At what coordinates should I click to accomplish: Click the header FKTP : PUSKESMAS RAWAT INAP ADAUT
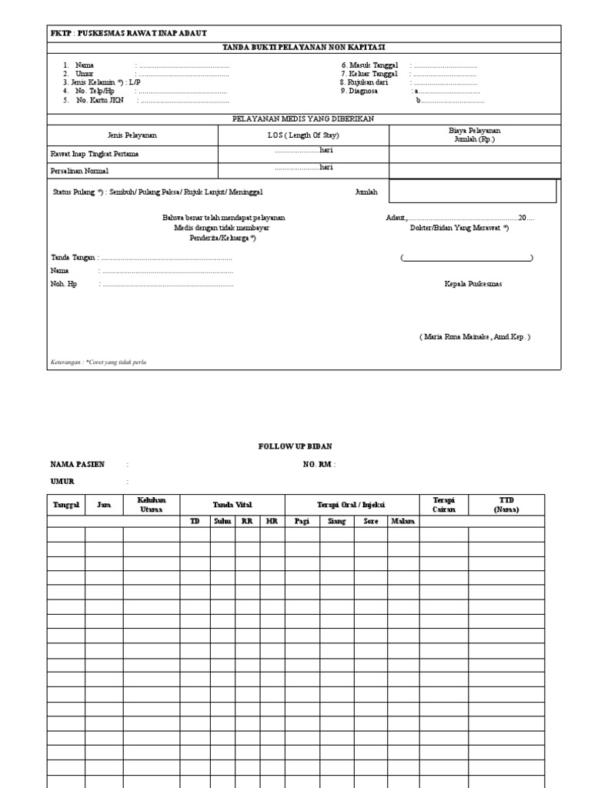coord(128,32)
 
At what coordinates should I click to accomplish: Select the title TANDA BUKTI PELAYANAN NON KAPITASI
coord(303,48)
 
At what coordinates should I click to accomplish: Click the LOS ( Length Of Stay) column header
coord(303,135)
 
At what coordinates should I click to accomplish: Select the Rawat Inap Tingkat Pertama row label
coord(95,154)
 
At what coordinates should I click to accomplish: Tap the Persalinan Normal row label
coord(79,170)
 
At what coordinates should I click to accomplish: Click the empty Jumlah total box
coord(472,191)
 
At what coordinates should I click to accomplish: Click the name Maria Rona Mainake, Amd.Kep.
coord(475,337)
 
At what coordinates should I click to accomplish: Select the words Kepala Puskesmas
coord(472,284)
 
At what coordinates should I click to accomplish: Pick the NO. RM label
coord(319,465)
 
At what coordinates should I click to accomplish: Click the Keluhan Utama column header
coord(151,505)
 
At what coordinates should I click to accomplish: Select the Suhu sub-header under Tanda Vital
coord(222,521)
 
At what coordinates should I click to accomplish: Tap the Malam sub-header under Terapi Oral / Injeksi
coord(402,521)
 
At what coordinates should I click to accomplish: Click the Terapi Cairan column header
coord(443,505)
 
